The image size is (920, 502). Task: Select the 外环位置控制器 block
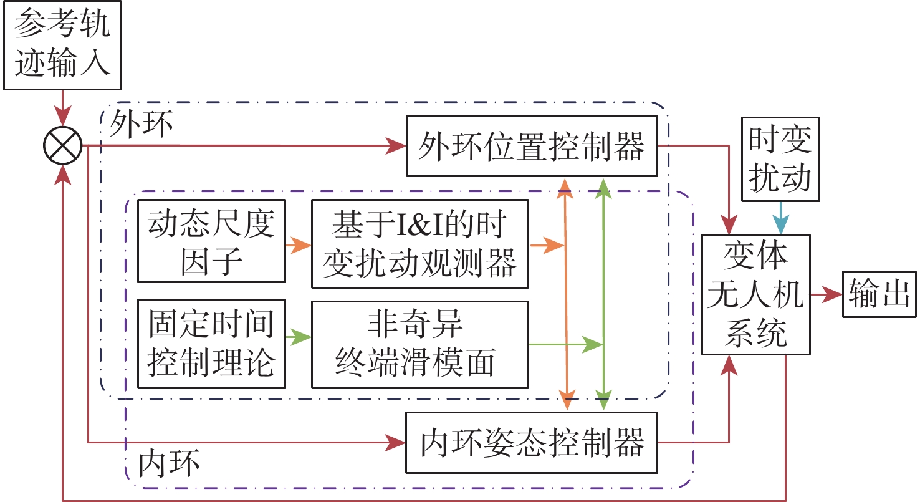click(x=532, y=146)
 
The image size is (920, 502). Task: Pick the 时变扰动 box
click(x=780, y=159)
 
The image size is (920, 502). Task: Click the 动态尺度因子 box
click(x=211, y=241)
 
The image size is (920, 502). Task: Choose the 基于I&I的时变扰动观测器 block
click(x=419, y=244)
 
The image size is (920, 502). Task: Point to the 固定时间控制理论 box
click(x=211, y=344)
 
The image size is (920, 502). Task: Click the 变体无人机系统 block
click(x=756, y=294)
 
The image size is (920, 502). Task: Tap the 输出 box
click(x=879, y=295)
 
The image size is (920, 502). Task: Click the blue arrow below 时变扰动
click(x=780, y=219)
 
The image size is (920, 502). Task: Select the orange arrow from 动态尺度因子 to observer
click(x=298, y=244)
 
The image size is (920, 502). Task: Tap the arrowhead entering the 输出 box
click(x=833, y=295)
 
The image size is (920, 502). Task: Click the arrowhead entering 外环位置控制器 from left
click(x=396, y=147)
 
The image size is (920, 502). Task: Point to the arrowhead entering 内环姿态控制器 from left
click(x=396, y=443)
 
